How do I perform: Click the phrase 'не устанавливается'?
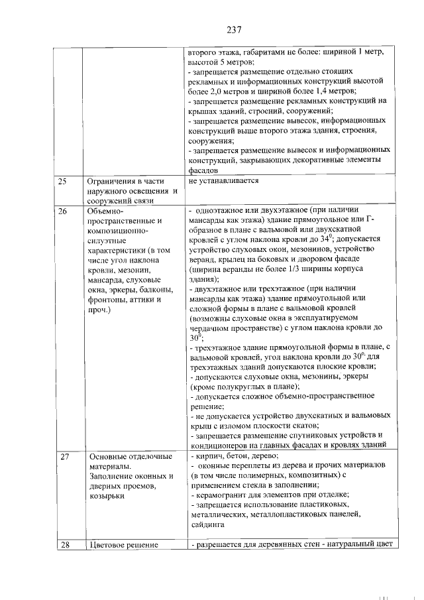pos(223,181)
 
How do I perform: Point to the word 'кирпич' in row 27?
pos(209,457)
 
